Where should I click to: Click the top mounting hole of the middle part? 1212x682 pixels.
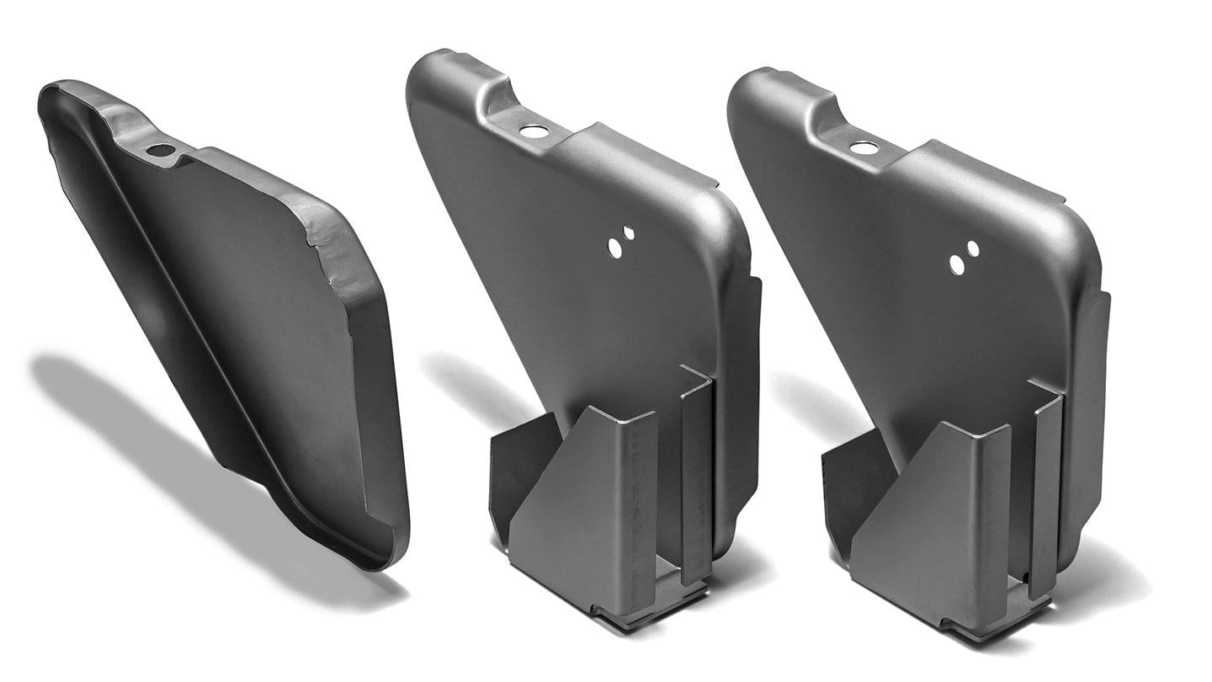(532, 131)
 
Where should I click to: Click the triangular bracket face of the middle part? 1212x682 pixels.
(572, 505)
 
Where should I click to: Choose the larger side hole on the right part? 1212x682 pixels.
(957, 264)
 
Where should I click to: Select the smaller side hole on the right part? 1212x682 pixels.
(972, 248)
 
